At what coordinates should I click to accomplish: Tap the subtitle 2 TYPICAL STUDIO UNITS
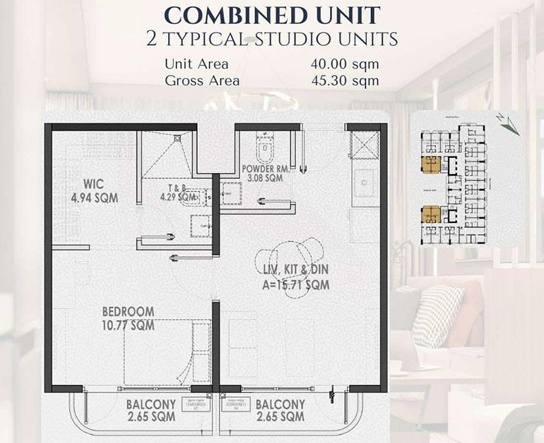click(272, 38)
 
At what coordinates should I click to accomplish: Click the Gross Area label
click(202, 80)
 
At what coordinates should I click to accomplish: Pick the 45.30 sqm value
click(344, 80)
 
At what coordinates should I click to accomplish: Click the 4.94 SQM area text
click(93, 197)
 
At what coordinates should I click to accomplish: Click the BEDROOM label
click(128, 312)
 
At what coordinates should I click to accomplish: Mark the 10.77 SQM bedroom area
click(128, 326)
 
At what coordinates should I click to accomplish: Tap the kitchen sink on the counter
click(367, 183)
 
